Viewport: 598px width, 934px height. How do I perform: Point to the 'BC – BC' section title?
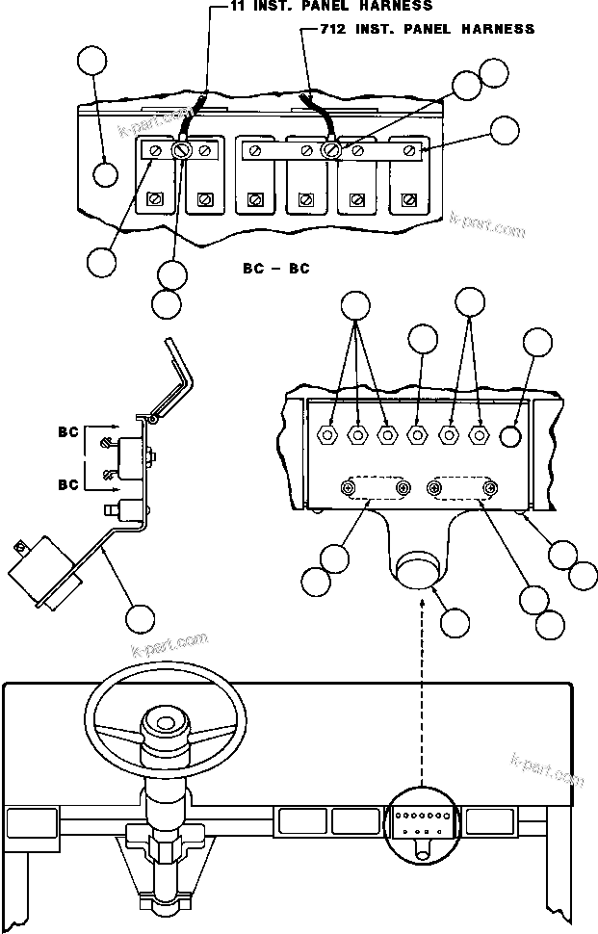[x=275, y=269]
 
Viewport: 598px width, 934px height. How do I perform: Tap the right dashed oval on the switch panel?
[x=463, y=489]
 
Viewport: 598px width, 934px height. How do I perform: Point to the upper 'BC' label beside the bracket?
[x=66, y=432]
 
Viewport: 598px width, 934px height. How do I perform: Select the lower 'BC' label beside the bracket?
[x=66, y=484]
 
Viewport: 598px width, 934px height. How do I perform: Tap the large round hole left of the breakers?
[x=106, y=174]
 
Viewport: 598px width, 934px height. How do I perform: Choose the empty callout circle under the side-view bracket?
[x=141, y=618]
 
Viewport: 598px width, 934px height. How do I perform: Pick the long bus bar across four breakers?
[x=330, y=150]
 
